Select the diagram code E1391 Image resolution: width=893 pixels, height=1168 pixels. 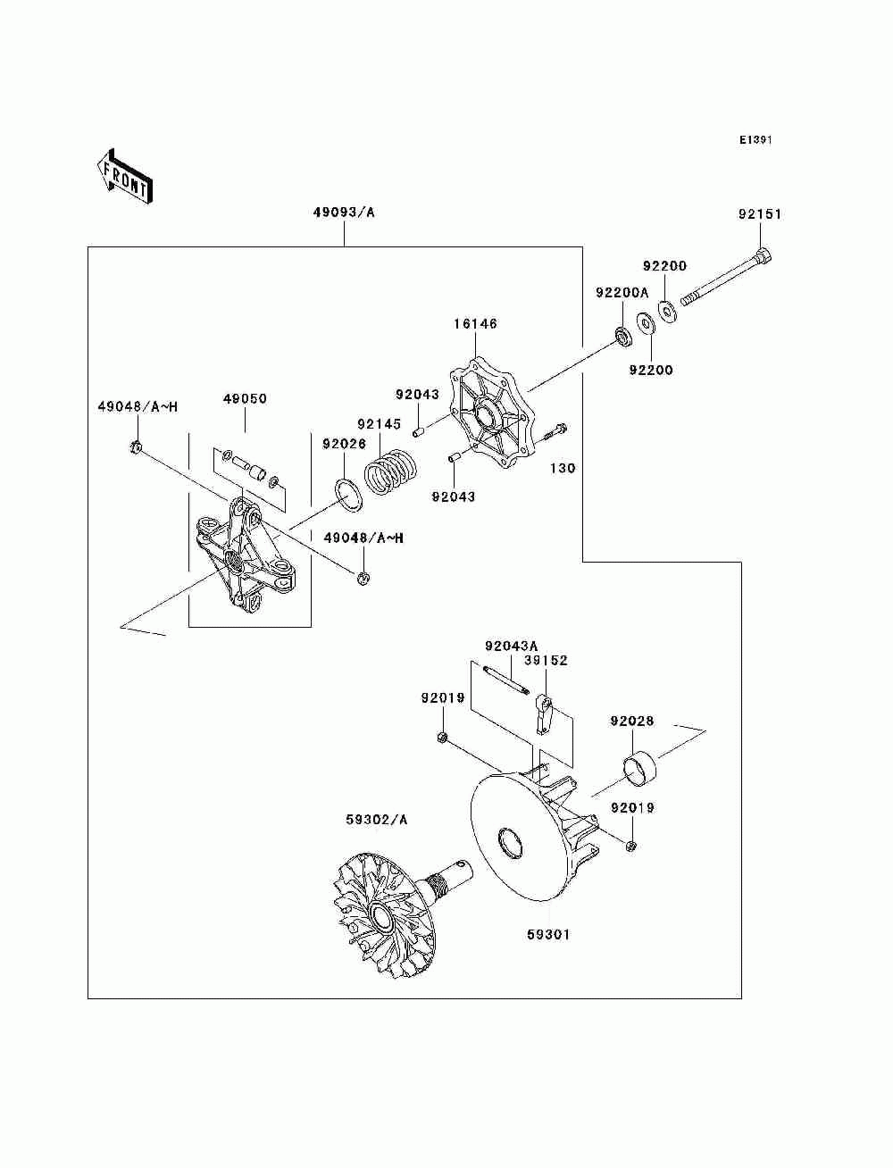pos(755,140)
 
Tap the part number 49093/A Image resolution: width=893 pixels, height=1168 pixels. pos(344,213)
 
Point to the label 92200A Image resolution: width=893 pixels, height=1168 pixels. pos(622,292)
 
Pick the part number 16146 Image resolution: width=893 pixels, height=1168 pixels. pos(475,323)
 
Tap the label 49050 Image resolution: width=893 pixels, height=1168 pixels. pos(245,398)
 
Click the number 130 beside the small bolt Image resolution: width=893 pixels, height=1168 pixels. pos(563,468)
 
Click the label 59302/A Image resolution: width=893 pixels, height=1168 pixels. pos(376,820)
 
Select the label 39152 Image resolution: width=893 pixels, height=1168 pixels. pos(546,661)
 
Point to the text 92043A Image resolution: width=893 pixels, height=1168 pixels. pos(511,646)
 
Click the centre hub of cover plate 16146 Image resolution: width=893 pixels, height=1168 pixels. pos(486,412)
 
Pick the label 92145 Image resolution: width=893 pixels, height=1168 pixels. pos(379,424)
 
